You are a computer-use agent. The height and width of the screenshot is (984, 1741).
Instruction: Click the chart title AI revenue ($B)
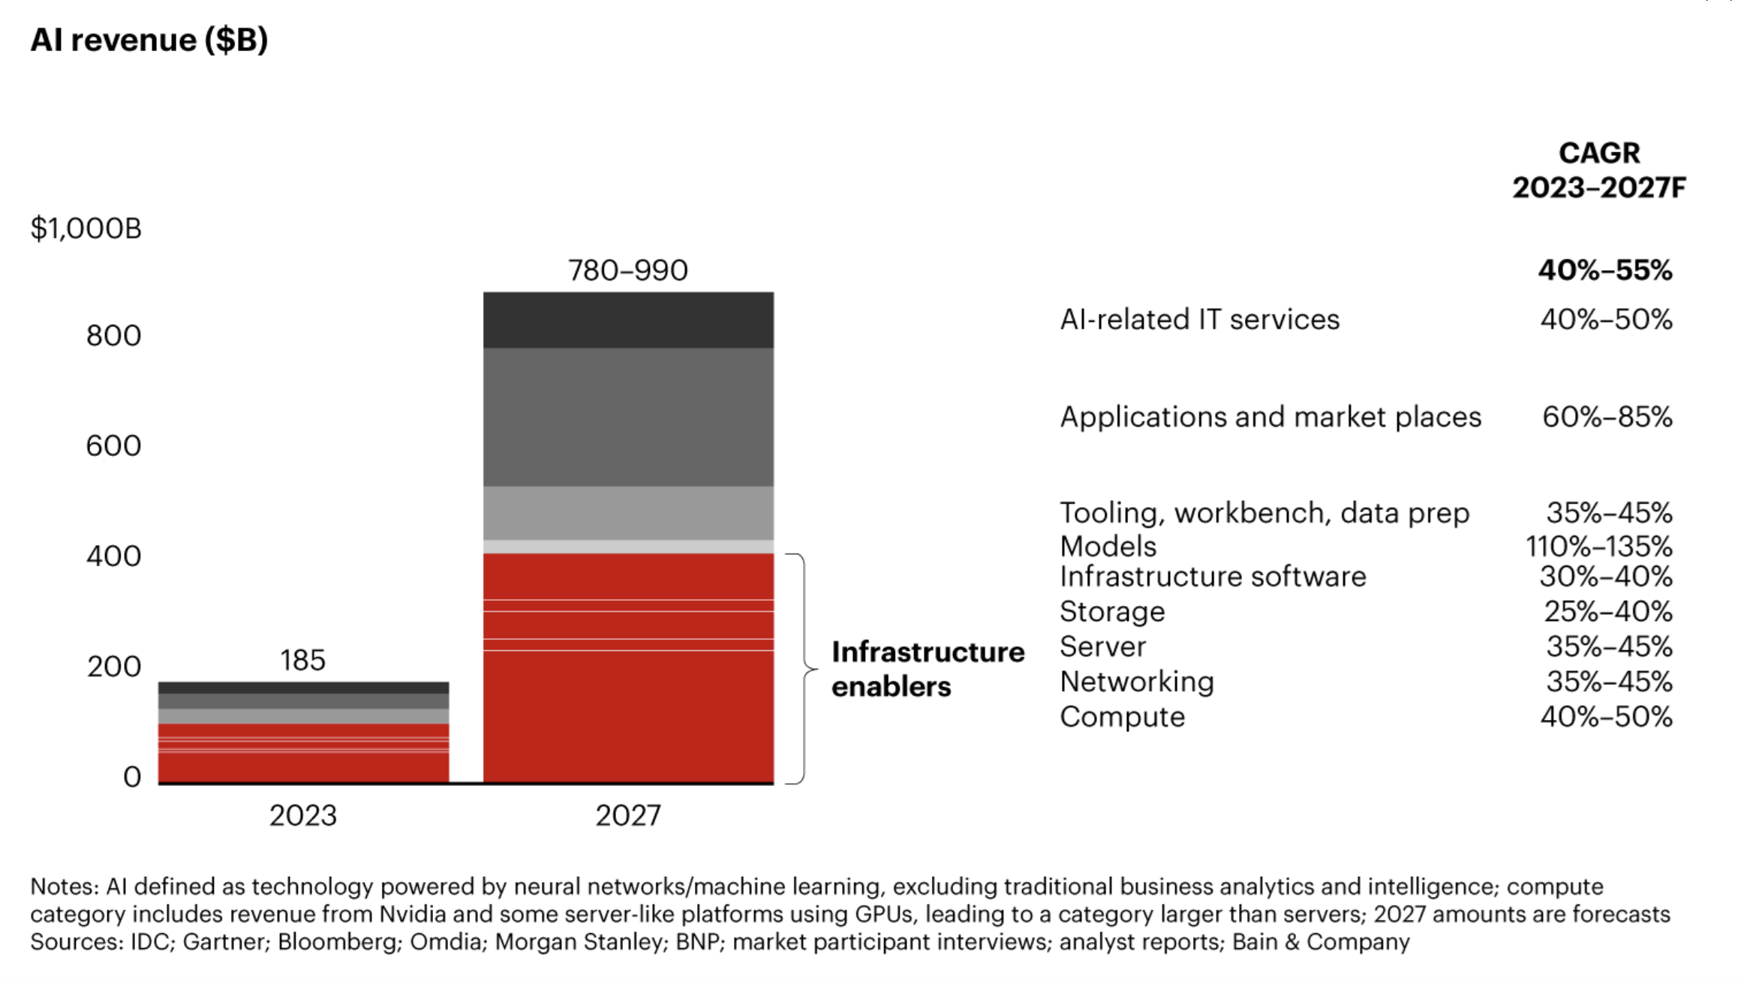(x=149, y=40)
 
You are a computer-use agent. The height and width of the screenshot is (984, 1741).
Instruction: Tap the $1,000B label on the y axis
(x=86, y=228)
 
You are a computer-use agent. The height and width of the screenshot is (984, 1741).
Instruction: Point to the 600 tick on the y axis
(x=113, y=445)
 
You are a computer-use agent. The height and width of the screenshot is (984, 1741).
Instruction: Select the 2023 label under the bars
(x=302, y=815)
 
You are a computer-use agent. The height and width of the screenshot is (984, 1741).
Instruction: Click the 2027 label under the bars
(x=628, y=815)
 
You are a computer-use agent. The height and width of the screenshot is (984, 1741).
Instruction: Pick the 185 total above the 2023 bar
(x=302, y=660)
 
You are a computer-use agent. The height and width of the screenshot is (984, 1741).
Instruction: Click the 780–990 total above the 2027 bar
(x=627, y=270)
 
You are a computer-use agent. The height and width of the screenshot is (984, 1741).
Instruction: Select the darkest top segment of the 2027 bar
(x=628, y=319)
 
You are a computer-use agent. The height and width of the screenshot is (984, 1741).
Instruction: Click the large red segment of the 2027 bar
(x=628, y=712)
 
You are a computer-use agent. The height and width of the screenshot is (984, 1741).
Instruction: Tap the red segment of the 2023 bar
(x=303, y=765)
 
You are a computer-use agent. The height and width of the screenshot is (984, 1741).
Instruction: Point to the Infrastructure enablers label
(x=928, y=669)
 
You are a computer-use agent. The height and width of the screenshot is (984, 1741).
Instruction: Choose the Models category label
(x=1108, y=546)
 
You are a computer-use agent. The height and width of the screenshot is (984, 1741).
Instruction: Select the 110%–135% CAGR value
(x=1598, y=546)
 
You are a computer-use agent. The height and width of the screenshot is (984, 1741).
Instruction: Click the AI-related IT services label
(x=1199, y=319)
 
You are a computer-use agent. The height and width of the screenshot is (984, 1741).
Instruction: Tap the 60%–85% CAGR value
(x=1607, y=417)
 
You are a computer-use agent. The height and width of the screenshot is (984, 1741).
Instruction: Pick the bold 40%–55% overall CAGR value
(x=1604, y=270)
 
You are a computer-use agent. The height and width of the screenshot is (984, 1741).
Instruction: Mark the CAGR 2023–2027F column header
(x=1598, y=170)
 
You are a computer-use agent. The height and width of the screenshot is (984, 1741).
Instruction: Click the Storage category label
(x=1112, y=611)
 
